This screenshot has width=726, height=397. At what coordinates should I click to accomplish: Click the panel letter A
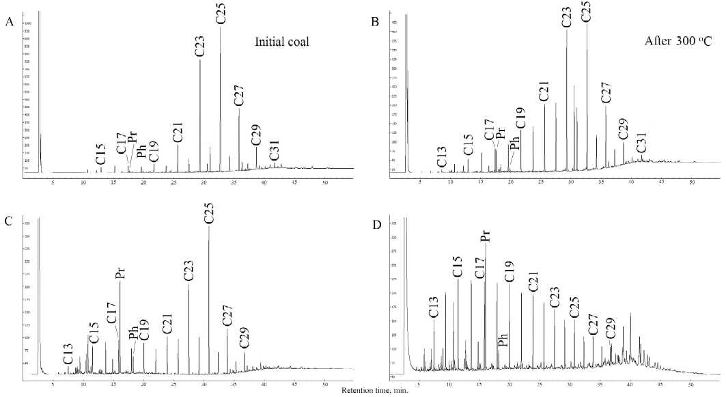click(9, 22)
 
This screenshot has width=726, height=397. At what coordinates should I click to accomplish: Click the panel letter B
click(375, 22)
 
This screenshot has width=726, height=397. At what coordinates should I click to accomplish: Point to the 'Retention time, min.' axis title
click(362, 392)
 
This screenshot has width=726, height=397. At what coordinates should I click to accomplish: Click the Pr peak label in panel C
click(120, 273)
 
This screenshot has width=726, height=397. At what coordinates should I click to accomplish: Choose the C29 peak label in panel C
click(244, 339)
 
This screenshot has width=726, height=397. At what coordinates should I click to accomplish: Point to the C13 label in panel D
click(433, 307)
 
